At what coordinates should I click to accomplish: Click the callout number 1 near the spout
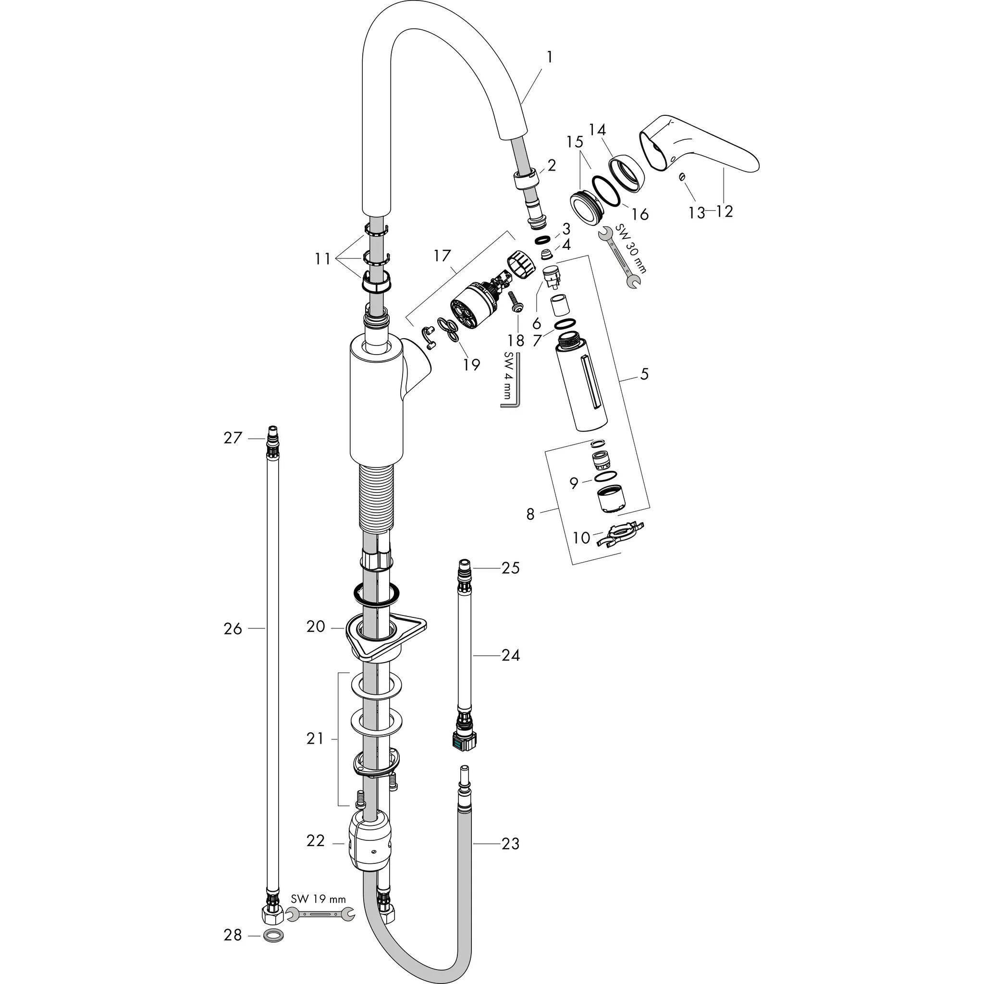click(x=549, y=57)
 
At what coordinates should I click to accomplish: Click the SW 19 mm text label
click(x=319, y=899)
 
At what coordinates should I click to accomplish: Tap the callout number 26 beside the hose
click(x=233, y=629)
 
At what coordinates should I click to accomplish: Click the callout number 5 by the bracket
click(x=644, y=374)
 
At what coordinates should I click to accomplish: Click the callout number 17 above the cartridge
click(x=443, y=255)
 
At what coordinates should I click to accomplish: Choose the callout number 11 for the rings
click(x=323, y=259)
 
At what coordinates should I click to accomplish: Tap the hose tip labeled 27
click(x=273, y=436)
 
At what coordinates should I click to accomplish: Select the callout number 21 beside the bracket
click(x=315, y=738)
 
